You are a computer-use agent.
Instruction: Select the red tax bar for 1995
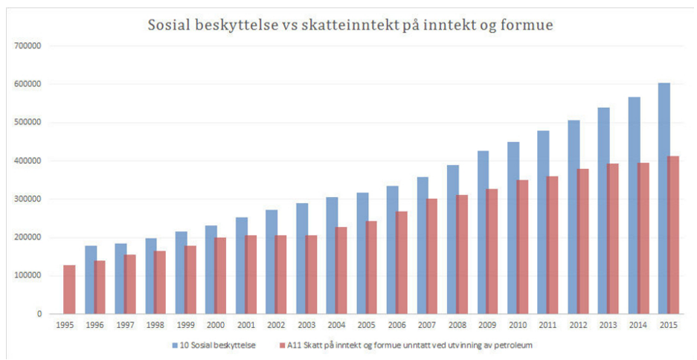click(x=69, y=289)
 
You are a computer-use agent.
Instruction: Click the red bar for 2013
click(x=613, y=239)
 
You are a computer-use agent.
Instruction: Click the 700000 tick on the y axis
click(x=27, y=46)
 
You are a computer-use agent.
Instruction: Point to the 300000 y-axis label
click(x=27, y=199)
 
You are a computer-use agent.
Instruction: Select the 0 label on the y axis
click(x=38, y=314)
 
